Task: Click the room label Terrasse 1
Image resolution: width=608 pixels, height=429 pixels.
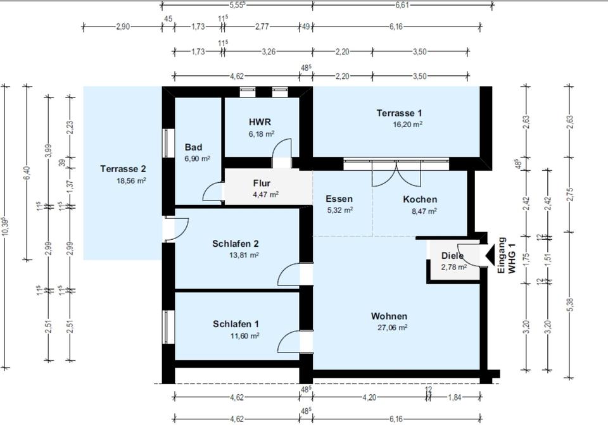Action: [x=399, y=113]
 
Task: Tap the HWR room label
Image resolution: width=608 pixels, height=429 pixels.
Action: [x=260, y=122]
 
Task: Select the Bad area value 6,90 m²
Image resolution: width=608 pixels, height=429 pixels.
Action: [x=198, y=158]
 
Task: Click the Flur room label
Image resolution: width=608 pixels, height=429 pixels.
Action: [x=262, y=183]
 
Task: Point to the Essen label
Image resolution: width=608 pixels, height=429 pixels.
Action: [x=339, y=199]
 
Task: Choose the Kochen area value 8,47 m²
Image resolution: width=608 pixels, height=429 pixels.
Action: [x=424, y=211]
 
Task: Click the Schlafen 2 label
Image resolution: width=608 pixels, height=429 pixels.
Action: [x=236, y=244]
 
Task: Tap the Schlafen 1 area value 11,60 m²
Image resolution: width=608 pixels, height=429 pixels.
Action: [x=244, y=335]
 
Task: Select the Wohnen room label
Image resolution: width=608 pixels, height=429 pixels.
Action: [x=389, y=316]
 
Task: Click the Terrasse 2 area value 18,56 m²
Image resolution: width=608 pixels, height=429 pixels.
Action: [x=131, y=180]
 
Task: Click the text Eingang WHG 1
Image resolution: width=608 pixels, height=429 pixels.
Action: [x=507, y=256]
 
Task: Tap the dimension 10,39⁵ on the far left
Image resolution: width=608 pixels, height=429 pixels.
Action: [x=6, y=227]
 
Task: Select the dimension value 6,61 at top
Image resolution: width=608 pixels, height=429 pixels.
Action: [x=403, y=5]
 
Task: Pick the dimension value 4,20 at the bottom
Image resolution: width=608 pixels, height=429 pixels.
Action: [x=369, y=397]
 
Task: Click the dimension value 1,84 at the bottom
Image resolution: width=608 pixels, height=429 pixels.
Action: [x=455, y=397]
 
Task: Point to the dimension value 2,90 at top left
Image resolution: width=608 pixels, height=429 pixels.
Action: [x=123, y=27]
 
